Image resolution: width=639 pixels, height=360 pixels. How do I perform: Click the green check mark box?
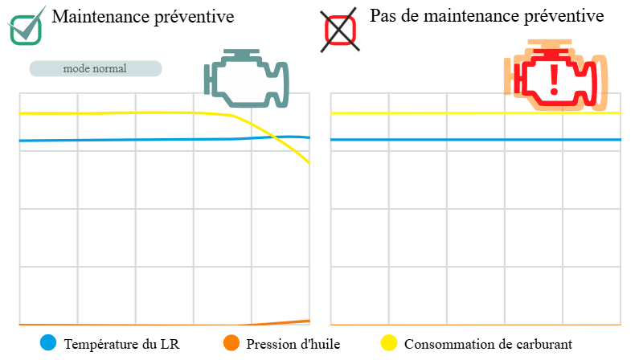click(x=26, y=29)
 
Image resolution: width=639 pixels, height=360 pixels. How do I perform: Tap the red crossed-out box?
click(x=340, y=31)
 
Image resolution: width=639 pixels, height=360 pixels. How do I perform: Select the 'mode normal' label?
click(x=95, y=68)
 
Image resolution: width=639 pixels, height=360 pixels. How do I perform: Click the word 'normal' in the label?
click(x=110, y=68)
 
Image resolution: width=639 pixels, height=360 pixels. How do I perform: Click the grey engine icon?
click(x=247, y=80)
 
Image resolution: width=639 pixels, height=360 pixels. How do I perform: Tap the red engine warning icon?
click(x=555, y=76)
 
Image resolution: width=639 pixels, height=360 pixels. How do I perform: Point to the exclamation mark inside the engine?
click(x=554, y=79)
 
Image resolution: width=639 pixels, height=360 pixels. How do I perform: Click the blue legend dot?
click(x=48, y=342)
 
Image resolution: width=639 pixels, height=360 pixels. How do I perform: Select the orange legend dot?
click(x=231, y=342)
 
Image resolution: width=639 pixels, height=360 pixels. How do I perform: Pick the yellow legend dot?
click(x=389, y=342)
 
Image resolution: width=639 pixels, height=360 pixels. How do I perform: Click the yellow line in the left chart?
click(x=121, y=112)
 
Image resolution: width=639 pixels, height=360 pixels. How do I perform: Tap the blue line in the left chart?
click(x=121, y=140)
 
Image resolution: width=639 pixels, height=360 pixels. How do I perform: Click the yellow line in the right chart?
click(x=474, y=113)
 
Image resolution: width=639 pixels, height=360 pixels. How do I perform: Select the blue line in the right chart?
click(x=474, y=140)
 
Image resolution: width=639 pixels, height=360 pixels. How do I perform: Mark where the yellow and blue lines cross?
click(x=268, y=137)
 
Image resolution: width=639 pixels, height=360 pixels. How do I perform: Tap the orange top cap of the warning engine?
click(x=550, y=42)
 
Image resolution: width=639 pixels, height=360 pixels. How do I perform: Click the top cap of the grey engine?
click(x=237, y=53)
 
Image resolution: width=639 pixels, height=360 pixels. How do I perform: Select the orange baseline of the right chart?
click(x=474, y=325)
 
